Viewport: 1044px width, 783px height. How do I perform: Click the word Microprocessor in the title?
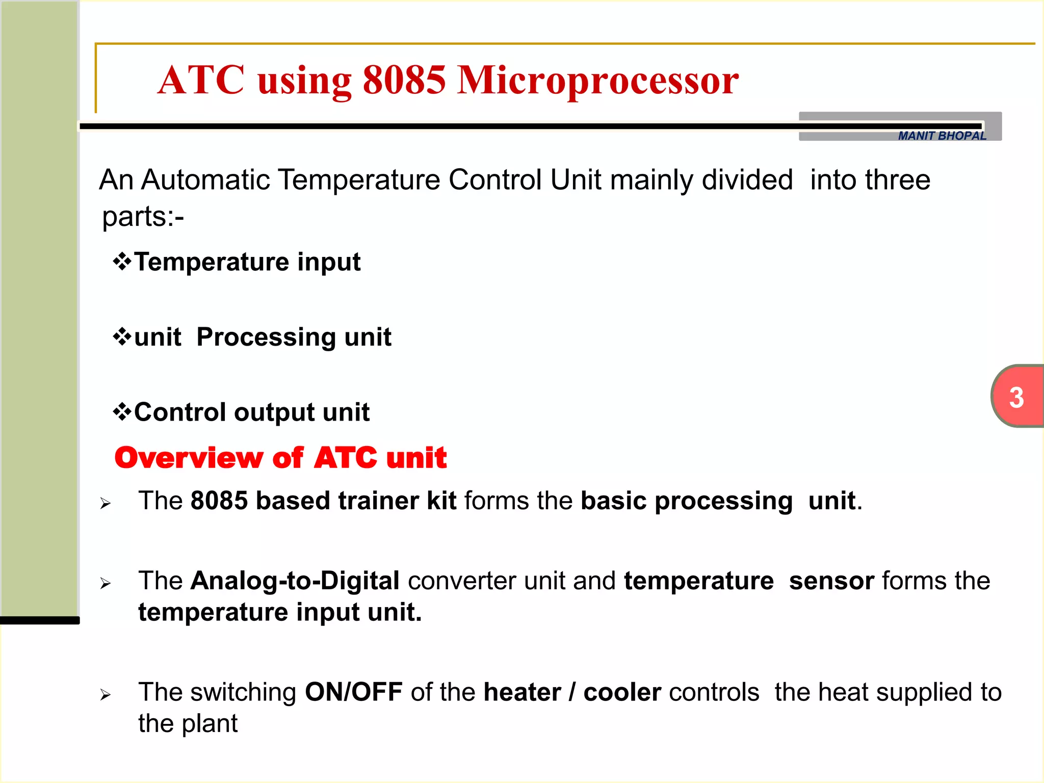(597, 81)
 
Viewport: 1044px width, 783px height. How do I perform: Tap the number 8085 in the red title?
(404, 81)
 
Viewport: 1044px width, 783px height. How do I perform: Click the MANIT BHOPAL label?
(942, 136)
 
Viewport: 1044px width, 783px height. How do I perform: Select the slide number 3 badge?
(1016, 397)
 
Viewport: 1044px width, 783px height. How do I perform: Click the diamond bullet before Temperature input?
(122, 262)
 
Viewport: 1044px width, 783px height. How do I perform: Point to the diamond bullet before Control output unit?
(122, 412)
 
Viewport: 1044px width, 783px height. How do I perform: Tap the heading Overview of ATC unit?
(280, 457)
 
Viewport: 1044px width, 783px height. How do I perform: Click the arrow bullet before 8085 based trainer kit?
(106, 504)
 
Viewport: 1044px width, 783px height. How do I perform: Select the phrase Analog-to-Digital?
(295, 581)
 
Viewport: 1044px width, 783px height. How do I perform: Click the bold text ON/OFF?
(353, 692)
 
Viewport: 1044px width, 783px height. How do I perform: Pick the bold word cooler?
(622, 692)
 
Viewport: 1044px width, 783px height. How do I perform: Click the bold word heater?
(522, 692)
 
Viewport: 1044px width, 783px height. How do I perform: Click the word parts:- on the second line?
(143, 217)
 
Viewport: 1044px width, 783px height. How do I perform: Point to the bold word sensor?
(831, 581)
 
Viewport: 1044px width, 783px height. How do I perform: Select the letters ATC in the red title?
(201, 81)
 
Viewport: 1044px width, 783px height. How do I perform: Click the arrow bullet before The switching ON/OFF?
(106, 695)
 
